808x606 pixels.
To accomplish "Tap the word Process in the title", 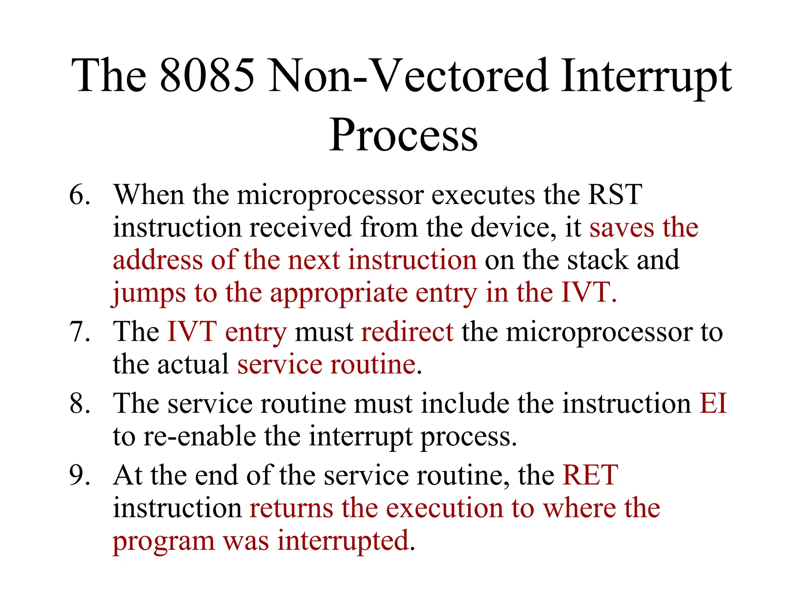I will point(403,135).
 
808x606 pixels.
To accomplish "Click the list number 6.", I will point(79,195).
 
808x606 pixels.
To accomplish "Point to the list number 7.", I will point(79,331).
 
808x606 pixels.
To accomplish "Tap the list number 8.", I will point(79,403).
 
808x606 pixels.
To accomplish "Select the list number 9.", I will point(79,475).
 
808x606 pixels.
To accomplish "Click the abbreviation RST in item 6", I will point(614,195).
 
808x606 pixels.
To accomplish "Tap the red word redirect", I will point(407,331).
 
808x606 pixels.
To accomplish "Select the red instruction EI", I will point(713,403).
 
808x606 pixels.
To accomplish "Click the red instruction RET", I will point(590,475).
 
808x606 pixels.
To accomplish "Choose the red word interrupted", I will point(342,541).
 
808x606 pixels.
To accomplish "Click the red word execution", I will point(444,508).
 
